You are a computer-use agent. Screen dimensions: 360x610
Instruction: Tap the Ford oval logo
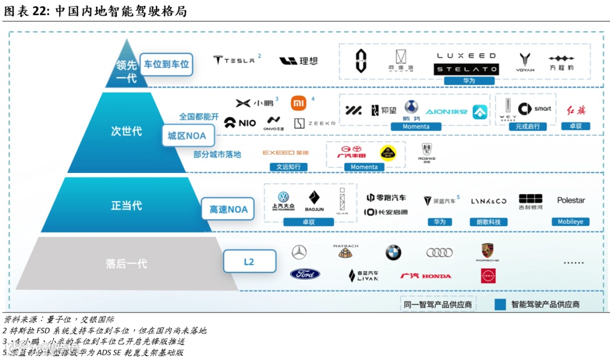pos(305,274)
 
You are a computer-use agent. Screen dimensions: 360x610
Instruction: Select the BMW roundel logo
pos(393,253)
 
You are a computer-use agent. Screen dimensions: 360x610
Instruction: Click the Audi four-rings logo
pos(439,253)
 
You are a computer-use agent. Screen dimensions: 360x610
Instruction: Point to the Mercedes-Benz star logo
pos(299,252)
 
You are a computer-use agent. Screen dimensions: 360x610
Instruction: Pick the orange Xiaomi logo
pos(298,103)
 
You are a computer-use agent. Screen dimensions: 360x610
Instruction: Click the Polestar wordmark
pos(571,200)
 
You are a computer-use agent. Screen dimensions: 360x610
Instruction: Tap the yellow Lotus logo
pos(388,153)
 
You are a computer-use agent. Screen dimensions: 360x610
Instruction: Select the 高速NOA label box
pos(229,209)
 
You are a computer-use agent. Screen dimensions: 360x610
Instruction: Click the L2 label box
pos(249,262)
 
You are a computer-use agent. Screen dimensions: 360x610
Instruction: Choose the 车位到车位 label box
pos(167,64)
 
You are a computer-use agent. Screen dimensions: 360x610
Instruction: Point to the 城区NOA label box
pos(187,136)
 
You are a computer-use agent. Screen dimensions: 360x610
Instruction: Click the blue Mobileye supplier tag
pos(571,222)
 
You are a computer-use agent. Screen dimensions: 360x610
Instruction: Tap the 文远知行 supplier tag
pos(292,167)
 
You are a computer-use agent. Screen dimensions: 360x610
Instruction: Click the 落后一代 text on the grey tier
pos(126,263)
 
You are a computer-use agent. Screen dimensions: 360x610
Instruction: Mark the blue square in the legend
pos(499,305)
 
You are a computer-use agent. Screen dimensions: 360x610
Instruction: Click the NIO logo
pos(240,122)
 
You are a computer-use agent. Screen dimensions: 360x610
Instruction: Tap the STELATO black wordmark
pos(466,70)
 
